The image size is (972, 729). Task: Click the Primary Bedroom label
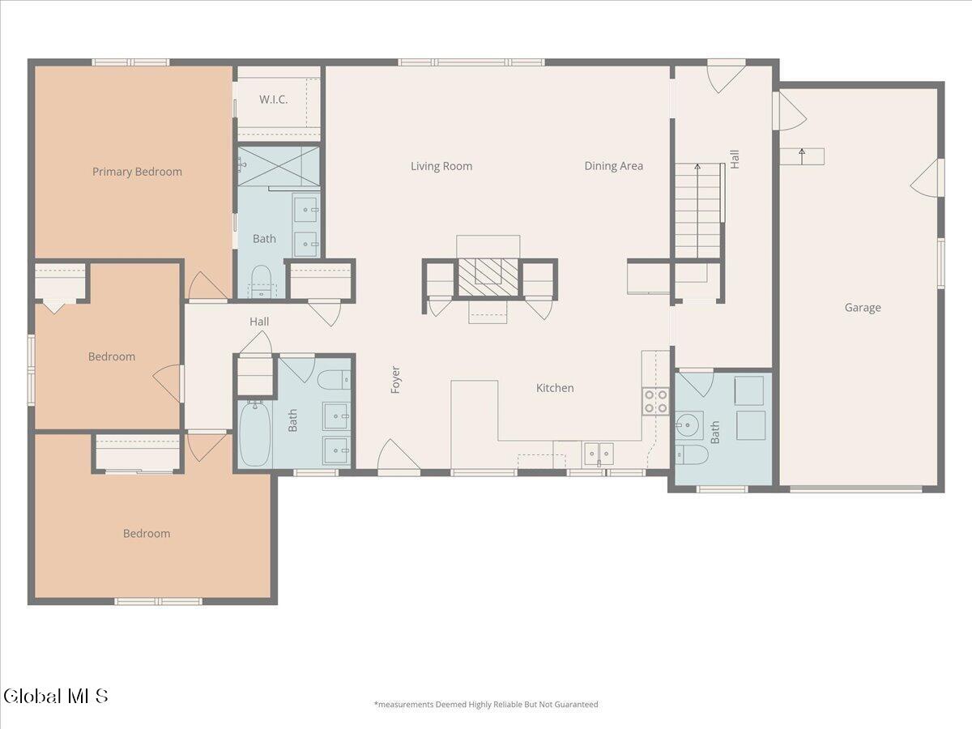(137, 172)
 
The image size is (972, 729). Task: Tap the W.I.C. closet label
(273, 99)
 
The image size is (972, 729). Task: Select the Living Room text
(441, 166)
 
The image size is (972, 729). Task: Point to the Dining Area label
(613, 166)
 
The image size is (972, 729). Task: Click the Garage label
(862, 308)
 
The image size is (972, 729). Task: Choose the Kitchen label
(554, 388)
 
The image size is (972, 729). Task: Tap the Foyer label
(395, 379)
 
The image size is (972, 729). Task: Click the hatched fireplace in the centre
(488, 278)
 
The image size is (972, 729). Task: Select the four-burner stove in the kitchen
(655, 402)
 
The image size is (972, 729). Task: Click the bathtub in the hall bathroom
(254, 433)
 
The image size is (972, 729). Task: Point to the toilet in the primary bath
(261, 282)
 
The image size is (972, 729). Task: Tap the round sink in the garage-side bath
(688, 425)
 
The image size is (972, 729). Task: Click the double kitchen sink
(599, 454)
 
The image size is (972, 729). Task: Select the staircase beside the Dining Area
(697, 211)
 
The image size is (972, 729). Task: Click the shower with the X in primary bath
(278, 166)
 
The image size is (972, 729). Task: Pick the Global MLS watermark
(55, 697)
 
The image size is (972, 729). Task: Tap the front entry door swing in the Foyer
(398, 456)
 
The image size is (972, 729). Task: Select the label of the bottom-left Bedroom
(147, 533)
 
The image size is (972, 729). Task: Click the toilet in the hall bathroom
(335, 380)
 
